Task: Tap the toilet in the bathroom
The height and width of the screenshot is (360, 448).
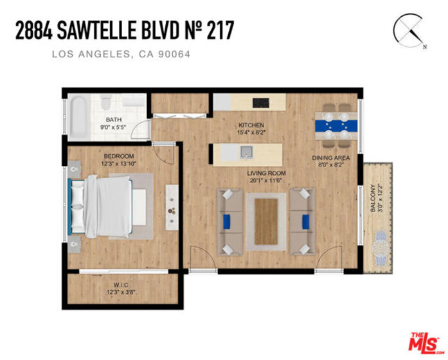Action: (105, 103)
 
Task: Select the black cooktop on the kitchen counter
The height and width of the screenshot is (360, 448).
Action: (260, 103)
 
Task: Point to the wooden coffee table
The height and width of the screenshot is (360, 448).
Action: (266, 221)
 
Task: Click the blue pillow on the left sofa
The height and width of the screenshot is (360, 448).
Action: (227, 221)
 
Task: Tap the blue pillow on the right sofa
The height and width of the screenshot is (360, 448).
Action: (305, 221)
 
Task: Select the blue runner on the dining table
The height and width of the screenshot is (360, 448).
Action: (336, 125)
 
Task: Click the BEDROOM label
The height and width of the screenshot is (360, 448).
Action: (118, 156)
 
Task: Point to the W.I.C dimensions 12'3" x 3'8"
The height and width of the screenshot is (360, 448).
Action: (121, 292)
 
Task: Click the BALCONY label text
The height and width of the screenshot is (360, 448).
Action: (373, 198)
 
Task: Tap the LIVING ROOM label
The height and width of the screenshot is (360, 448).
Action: (266, 173)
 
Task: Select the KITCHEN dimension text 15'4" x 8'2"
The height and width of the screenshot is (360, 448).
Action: (251, 132)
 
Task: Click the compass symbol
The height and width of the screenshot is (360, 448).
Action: (408, 30)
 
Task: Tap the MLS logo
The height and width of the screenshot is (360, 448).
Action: (424, 342)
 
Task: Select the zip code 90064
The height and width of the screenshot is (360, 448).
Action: (174, 54)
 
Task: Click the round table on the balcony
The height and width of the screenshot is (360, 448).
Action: (381, 247)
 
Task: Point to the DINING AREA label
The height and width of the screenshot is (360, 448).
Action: (330, 157)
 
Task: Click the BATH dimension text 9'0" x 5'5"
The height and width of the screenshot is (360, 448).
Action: (113, 127)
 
